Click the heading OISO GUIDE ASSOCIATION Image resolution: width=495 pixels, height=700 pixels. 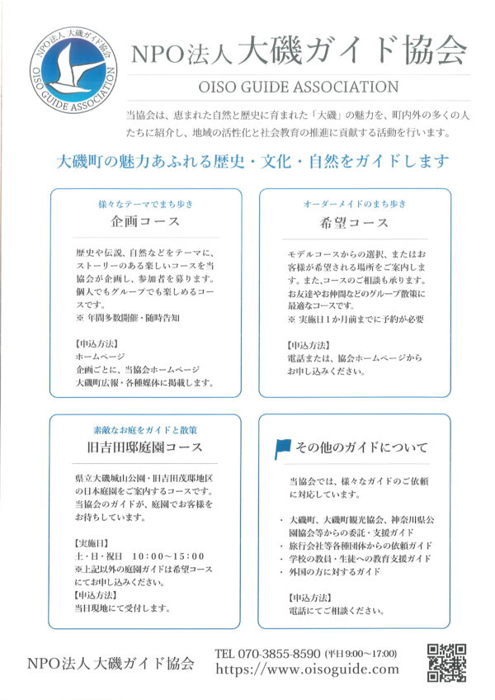click(x=299, y=87)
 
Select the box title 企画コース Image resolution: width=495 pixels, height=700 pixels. click(x=145, y=223)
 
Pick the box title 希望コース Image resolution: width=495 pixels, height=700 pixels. click(x=355, y=223)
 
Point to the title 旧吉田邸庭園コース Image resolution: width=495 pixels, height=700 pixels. click(x=145, y=447)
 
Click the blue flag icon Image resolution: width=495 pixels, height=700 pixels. click(x=282, y=448)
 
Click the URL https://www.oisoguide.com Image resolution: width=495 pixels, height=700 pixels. click(x=307, y=669)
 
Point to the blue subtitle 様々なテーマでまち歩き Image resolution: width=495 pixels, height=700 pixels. click(x=145, y=204)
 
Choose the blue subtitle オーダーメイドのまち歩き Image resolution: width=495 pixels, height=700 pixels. click(x=355, y=204)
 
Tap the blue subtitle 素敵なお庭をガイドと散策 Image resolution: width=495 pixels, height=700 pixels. click(x=145, y=430)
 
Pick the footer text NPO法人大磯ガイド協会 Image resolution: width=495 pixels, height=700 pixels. click(x=111, y=663)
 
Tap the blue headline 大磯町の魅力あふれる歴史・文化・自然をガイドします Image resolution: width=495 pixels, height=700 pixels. click(x=247, y=160)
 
